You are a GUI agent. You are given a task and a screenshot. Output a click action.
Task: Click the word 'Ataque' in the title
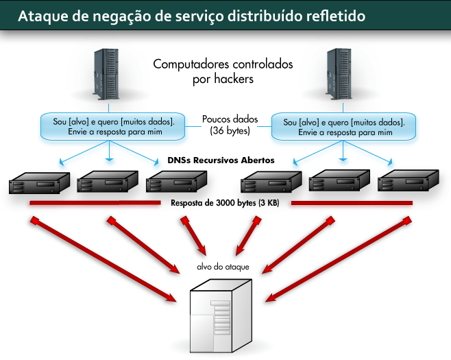42,14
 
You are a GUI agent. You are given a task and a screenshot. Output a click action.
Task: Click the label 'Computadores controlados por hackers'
223,71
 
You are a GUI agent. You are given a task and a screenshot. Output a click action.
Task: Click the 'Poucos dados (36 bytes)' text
225,124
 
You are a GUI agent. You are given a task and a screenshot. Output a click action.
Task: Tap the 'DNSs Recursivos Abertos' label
221,160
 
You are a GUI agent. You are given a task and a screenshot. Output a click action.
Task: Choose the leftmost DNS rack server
40,183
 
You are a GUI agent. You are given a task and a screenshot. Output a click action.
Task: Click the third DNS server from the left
176,183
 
